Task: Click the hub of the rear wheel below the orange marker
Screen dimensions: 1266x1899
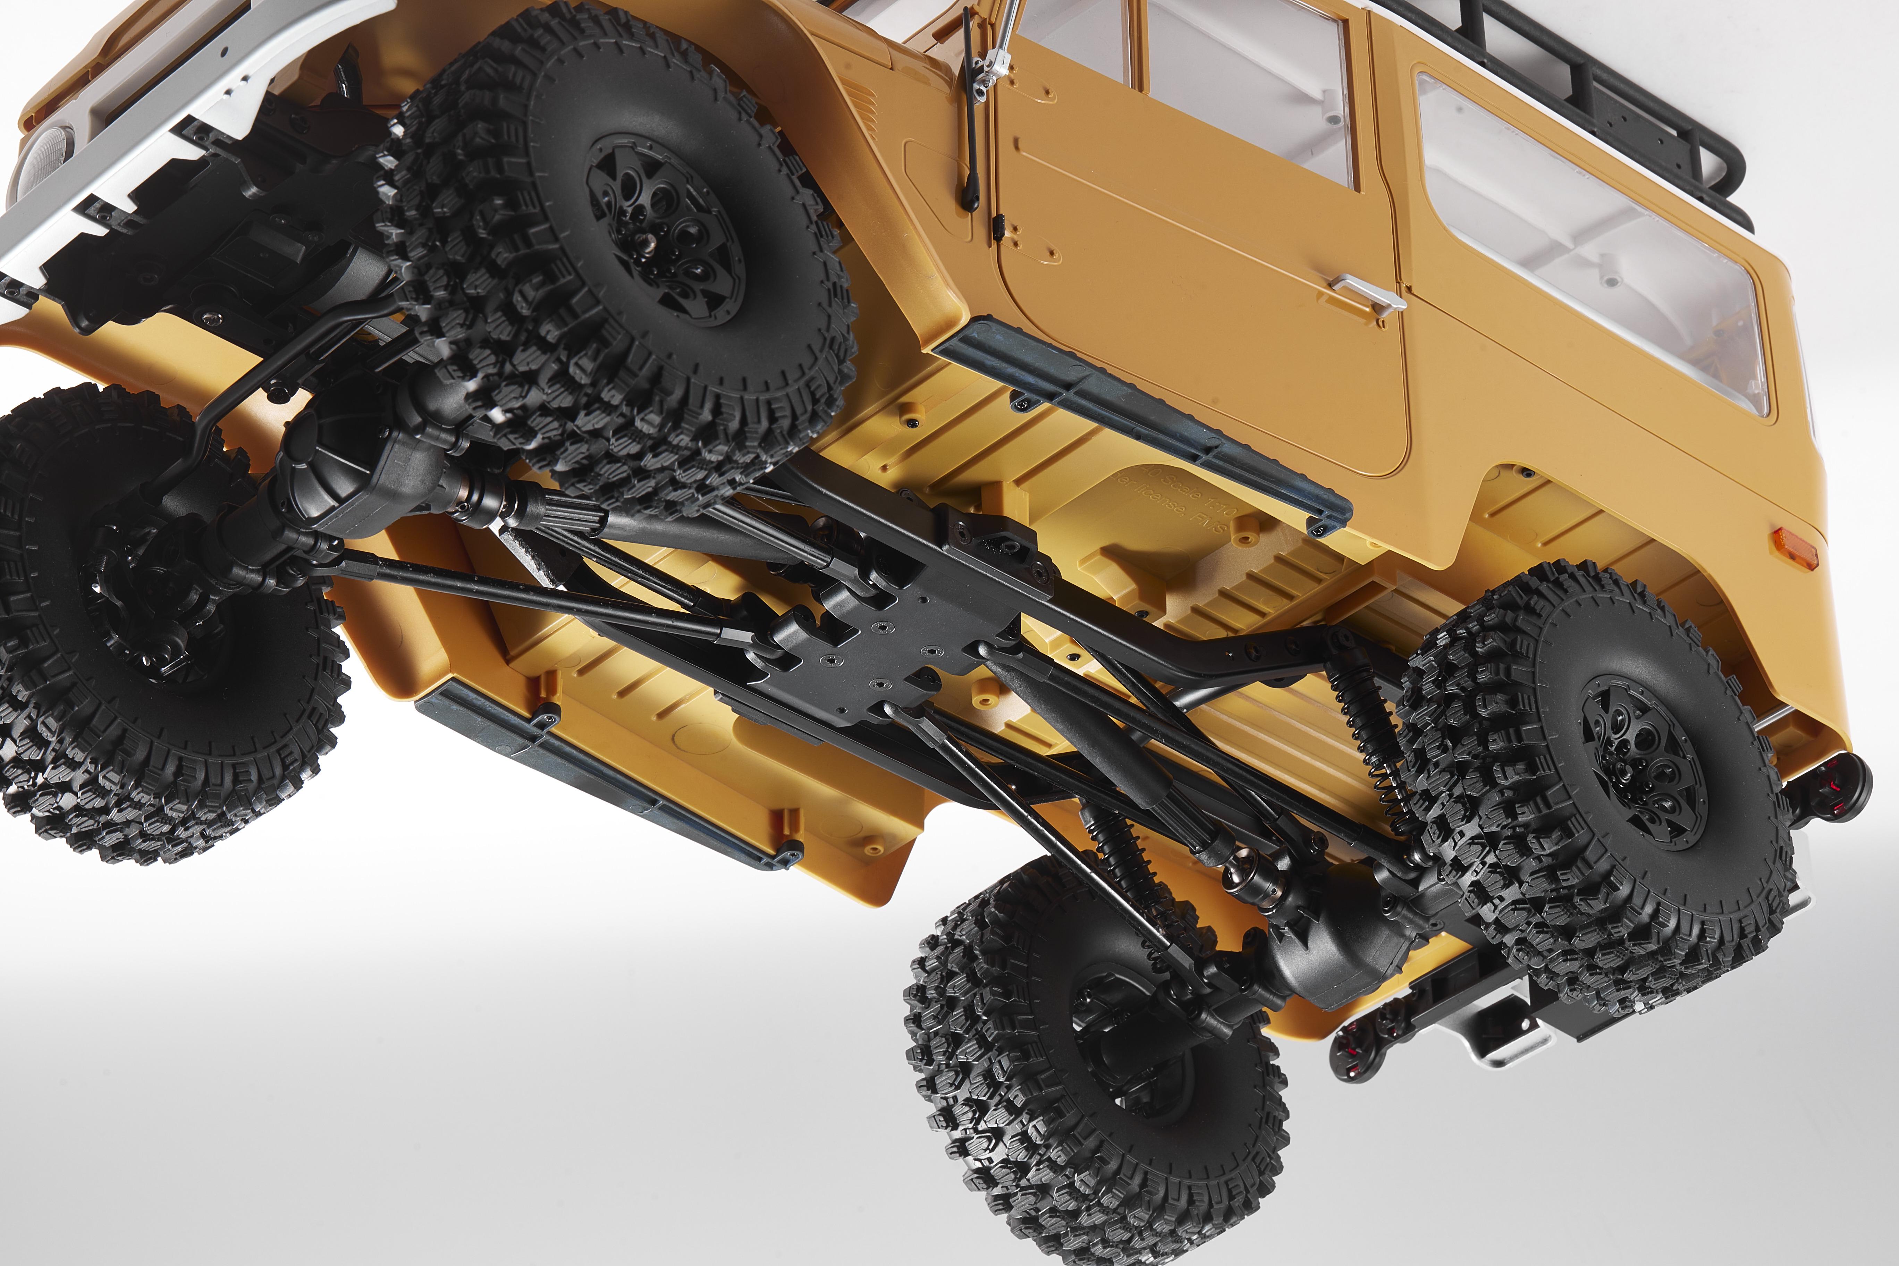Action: (x=1643, y=763)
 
